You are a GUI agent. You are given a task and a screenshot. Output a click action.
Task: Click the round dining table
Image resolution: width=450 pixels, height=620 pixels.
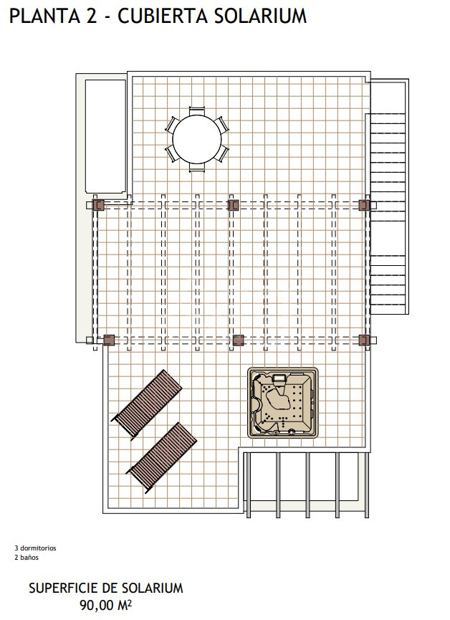[x=197, y=138]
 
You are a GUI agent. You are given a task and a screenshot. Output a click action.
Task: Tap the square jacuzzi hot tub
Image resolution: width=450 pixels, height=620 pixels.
[x=283, y=403]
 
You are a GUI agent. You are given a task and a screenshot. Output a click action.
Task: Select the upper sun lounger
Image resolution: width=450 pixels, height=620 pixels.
[x=146, y=404]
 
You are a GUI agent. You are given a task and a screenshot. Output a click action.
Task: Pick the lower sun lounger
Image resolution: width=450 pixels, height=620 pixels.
[x=161, y=457]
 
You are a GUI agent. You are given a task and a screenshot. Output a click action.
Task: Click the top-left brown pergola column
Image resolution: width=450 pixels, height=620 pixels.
[x=98, y=205]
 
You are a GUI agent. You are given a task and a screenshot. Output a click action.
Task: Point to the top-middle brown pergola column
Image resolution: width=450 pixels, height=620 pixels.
[x=234, y=205]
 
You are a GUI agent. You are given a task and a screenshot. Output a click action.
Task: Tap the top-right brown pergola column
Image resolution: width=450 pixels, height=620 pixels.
[x=364, y=205]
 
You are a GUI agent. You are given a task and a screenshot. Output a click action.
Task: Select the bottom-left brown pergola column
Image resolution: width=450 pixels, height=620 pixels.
[x=109, y=340]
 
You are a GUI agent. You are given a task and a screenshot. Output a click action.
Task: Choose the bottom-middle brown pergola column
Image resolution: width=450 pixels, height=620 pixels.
[x=238, y=340]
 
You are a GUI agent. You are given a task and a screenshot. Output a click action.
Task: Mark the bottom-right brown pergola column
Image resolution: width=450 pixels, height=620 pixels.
[x=364, y=340]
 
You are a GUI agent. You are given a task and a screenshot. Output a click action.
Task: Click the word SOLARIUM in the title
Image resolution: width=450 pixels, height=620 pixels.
[x=261, y=16]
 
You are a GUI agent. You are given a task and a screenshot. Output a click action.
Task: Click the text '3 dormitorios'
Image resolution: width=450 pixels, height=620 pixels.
[x=36, y=548]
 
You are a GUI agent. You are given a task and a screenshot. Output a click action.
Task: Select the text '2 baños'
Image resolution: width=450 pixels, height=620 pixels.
[x=27, y=558]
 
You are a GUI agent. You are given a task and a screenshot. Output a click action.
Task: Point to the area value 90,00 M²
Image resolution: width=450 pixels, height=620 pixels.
[x=105, y=605]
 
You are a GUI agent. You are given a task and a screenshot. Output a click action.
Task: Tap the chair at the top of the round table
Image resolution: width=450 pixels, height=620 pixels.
[x=197, y=110]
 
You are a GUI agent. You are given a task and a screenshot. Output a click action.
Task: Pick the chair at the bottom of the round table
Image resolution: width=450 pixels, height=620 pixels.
[x=197, y=167]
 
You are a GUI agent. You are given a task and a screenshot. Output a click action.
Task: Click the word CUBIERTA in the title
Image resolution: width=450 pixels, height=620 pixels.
[x=163, y=16]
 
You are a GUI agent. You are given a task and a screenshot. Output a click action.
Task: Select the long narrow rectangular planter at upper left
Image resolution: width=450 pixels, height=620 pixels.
[x=105, y=136]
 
